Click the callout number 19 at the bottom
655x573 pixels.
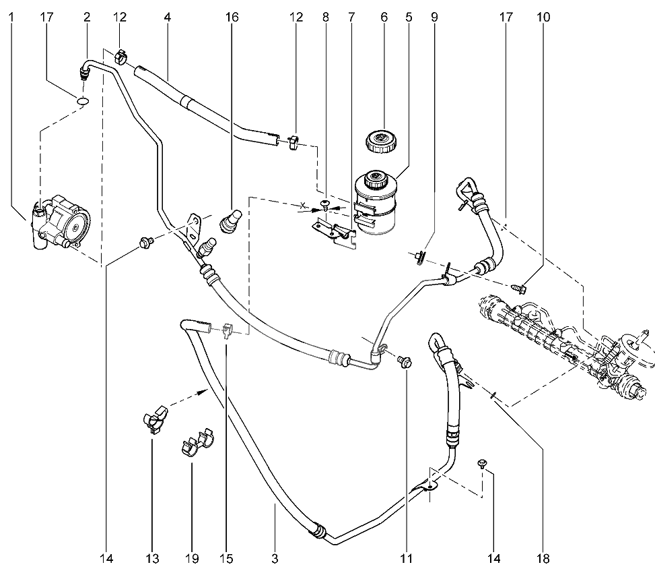click(x=192, y=559)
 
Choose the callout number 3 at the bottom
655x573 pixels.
click(x=275, y=559)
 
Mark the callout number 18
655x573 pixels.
click(x=544, y=559)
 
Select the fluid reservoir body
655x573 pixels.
click(x=375, y=206)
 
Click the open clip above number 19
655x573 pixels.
click(x=197, y=442)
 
